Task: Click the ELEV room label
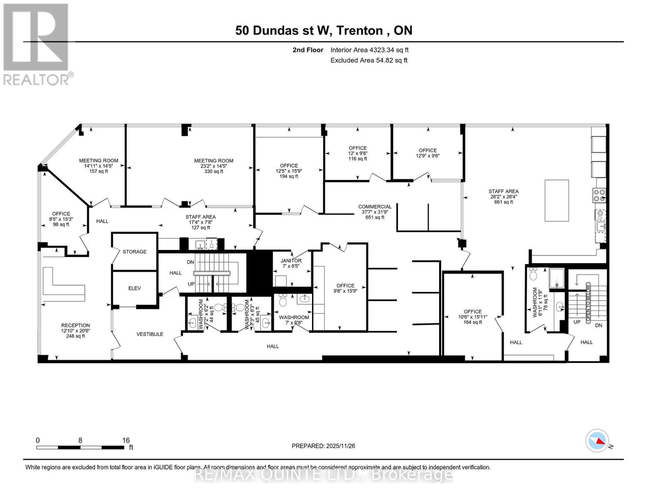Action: click(134, 288)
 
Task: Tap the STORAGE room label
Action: click(134, 252)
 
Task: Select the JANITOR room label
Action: click(291, 261)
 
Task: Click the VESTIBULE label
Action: click(150, 334)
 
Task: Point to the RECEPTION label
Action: click(75, 325)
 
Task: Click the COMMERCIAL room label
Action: click(375, 207)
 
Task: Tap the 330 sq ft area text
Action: click(213, 171)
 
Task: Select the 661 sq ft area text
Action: click(503, 202)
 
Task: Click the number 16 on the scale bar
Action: click(126, 440)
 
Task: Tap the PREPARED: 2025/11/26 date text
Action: click(323, 446)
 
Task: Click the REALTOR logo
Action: click(37, 44)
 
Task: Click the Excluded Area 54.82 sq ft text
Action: click(369, 60)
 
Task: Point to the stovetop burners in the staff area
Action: click(600, 195)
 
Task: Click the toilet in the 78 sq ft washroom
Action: click(533, 274)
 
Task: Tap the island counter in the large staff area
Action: click(557, 200)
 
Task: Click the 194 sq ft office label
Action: click(289, 176)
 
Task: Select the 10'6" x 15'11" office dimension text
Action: click(472, 317)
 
